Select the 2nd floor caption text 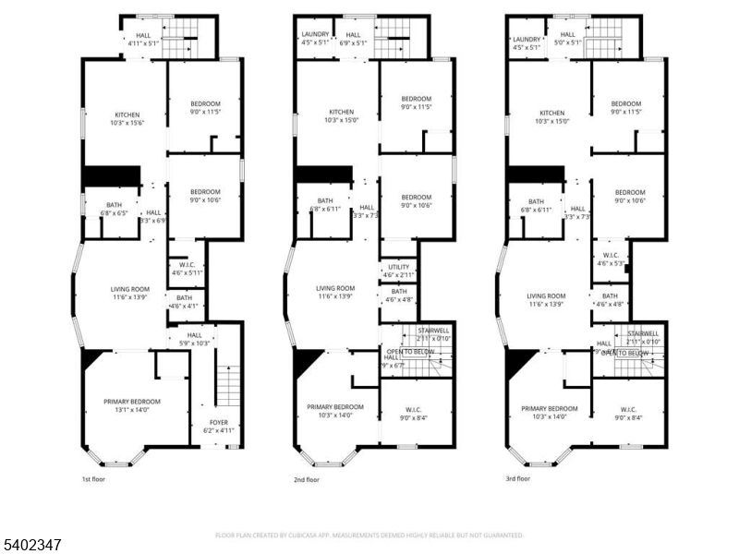tap(307, 479)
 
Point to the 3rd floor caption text tap(517, 479)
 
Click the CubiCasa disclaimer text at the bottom tap(369, 535)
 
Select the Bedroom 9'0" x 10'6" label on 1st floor tap(205, 196)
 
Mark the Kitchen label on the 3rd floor tap(551, 116)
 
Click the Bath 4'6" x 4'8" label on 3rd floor tap(610, 299)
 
